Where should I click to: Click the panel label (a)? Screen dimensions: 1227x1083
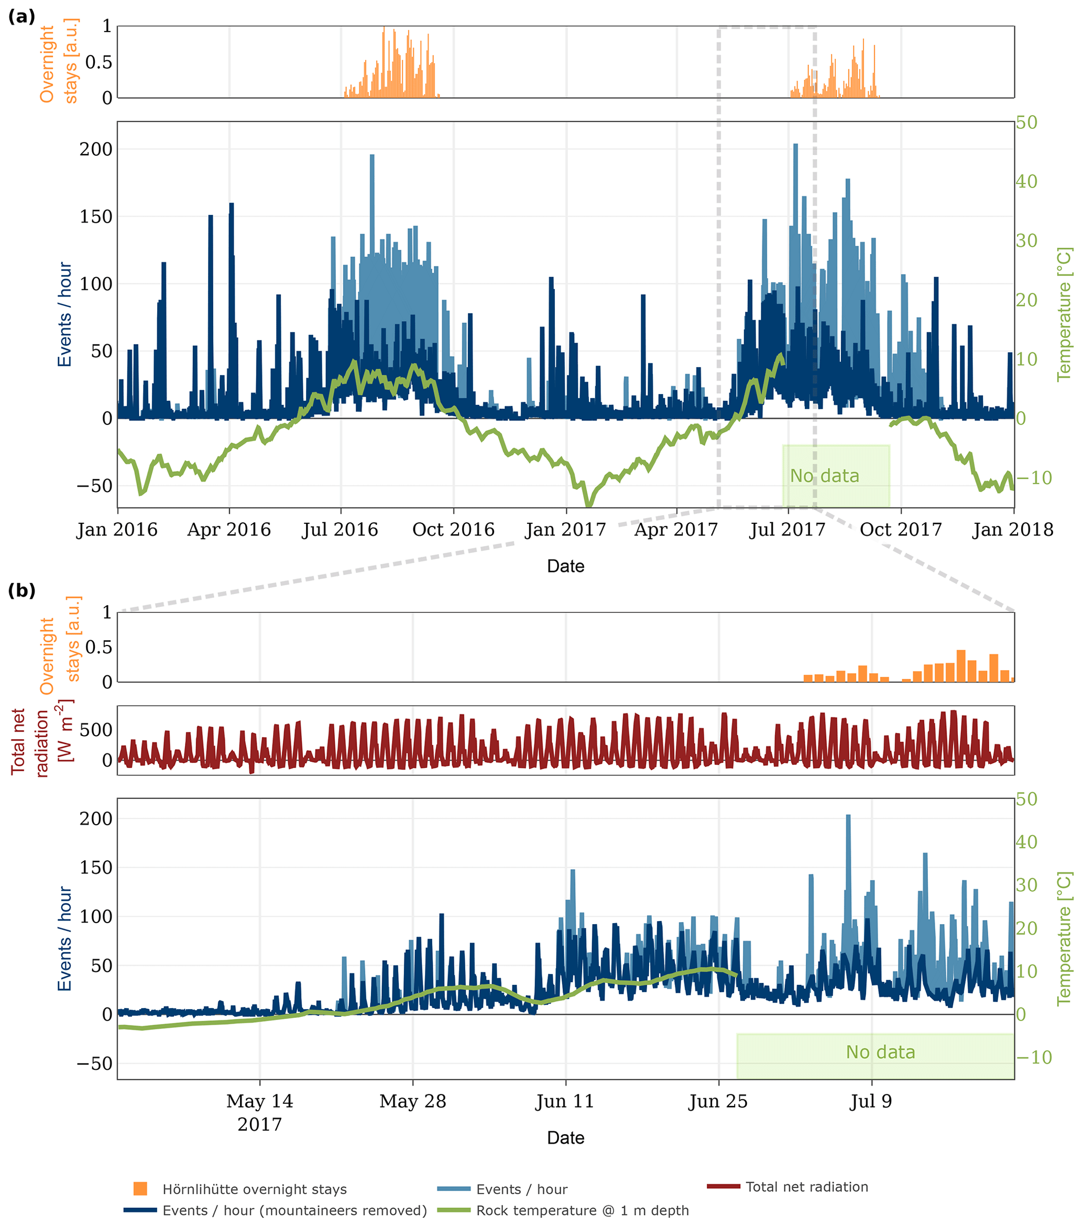pos(21,17)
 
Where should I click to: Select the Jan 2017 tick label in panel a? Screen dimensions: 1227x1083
pos(565,530)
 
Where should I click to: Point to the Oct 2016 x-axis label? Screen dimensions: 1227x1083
pos(453,530)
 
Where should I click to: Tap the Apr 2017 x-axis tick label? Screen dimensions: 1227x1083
pos(676,530)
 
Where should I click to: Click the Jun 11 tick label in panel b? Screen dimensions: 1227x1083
pos(565,1102)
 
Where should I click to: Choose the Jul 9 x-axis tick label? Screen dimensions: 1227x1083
pos(871,1102)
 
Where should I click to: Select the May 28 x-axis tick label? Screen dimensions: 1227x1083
pos(412,1102)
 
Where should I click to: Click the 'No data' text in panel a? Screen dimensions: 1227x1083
pos(824,476)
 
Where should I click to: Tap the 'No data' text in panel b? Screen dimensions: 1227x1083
pos(880,1053)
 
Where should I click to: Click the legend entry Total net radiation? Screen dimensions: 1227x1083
pos(806,1187)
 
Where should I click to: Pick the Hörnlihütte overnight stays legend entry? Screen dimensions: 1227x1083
pos(255,1189)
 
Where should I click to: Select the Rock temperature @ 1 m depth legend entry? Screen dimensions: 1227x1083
pos(582,1211)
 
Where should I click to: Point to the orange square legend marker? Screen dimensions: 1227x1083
pos(140,1189)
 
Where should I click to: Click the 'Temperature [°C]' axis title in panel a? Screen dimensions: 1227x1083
pos(1064,313)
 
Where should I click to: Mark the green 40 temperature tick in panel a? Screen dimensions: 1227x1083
pos(1026,181)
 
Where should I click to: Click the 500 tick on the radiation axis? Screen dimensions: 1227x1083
pos(96,730)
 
